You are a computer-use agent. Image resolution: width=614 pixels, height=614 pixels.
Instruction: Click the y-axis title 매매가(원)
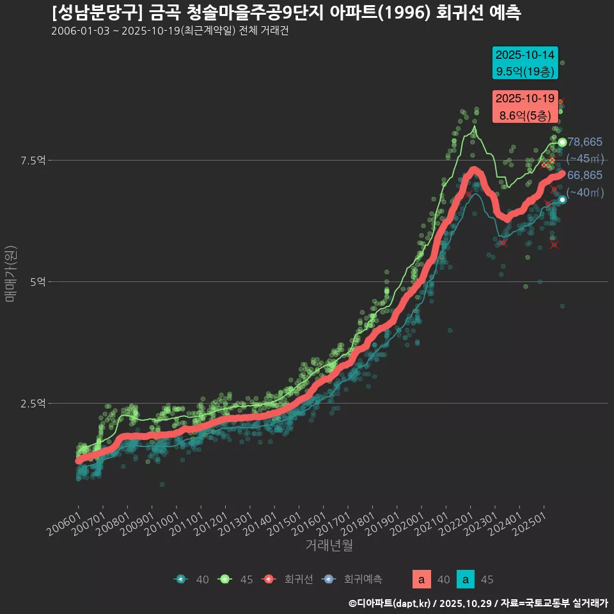pyautogui.click(x=10, y=273)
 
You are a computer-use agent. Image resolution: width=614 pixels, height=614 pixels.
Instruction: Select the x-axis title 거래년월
pyautogui.click(x=329, y=545)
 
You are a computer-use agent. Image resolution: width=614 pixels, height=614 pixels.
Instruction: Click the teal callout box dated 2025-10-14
pyautogui.click(x=525, y=63)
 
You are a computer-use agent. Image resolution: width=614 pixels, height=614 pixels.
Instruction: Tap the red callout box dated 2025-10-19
pyautogui.click(x=525, y=107)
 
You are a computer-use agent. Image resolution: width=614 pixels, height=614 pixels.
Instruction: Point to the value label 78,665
pyautogui.click(x=585, y=142)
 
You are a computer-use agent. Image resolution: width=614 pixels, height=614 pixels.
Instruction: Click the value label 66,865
pyautogui.click(x=585, y=175)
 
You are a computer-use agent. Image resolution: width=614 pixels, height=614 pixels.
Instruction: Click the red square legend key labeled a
pyautogui.click(x=421, y=579)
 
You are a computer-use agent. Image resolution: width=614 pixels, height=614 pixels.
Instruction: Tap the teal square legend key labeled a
pyautogui.click(x=465, y=579)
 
